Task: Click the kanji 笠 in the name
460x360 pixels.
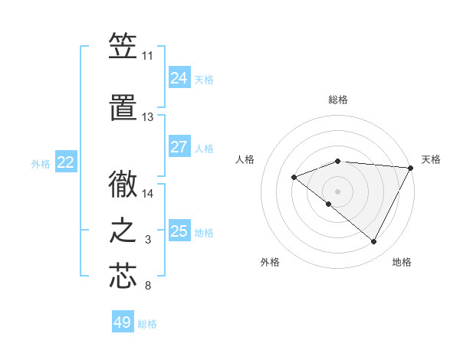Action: (123, 47)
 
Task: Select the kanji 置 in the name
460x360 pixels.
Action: (123, 107)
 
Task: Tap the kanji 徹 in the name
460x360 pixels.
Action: (123, 184)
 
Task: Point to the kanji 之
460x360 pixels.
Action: (123, 231)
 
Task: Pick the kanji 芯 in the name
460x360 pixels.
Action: (123, 277)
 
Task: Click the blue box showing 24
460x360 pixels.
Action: (179, 77)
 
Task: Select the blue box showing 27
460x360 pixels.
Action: (179, 147)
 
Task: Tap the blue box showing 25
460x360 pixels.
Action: (179, 231)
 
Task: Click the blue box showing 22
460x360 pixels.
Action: (66, 162)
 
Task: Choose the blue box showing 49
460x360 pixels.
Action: (123, 322)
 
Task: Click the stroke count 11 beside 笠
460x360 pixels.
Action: (148, 56)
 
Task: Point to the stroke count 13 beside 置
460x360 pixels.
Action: (148, 117)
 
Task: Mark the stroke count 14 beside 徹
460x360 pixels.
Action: (148, 194)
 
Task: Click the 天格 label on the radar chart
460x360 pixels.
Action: (431, 159)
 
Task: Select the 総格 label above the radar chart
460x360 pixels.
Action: (338, 100)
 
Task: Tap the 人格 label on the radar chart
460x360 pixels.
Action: (245, 159)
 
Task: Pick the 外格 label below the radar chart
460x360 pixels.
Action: (270, 262)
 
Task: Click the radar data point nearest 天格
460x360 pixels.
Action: (411, 168)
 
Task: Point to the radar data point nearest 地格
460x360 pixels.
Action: (373, 242)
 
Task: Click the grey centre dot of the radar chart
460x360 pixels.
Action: (337, 191)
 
